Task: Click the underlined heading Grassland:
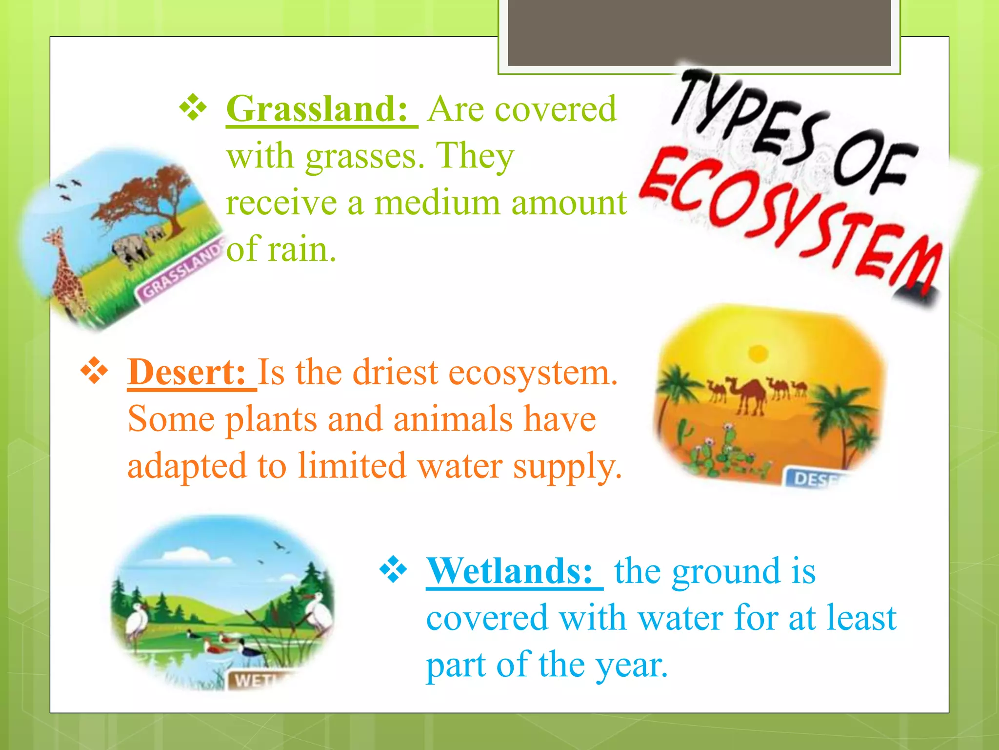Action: [x=317, y=109]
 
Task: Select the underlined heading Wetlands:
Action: [x=510, y=571]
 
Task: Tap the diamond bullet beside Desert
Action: [x=94, y=372]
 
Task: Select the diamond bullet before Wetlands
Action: [x=393, y=570]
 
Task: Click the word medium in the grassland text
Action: [x=437, y=203]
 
